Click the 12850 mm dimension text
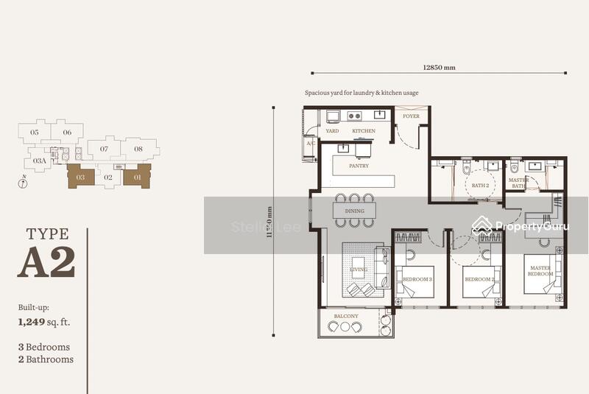pyautogui.click(x=439, y=67)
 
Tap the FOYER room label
pyautogui.click(x=410, y=116)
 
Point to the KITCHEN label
pyautogui.click(x=363, y=131)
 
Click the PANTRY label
pyautogui.click(x=359, y=166)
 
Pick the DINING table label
pyautogui.click(x=354, y=211)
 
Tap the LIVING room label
pyautogui.click(x=358, y=270)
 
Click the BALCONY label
pyautogui.click(x=347, y=315)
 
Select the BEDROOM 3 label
pyautogui.click(x=418, y=280)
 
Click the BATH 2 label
pyautogui.click(x=480, y=186)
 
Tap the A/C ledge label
pyautogui.click(x=311, y=143)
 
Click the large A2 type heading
pyautogui.click(x=46, y=263)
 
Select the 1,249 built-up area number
pyautogui.click(x=35, y=322)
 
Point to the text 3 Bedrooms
pyautogui.click(x=44, y=347)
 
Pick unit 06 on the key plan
pyautogui.click(x=67, y=133)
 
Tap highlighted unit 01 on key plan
pyautogui.click(x=137, y=176)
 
